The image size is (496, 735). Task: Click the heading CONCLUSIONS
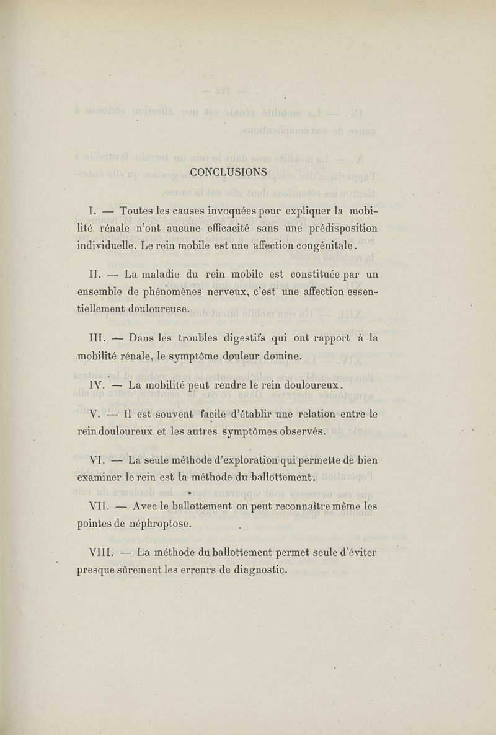pyautogui.click(x=228, y=172)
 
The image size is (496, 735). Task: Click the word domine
pyautogui.click(x=279, y=356)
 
